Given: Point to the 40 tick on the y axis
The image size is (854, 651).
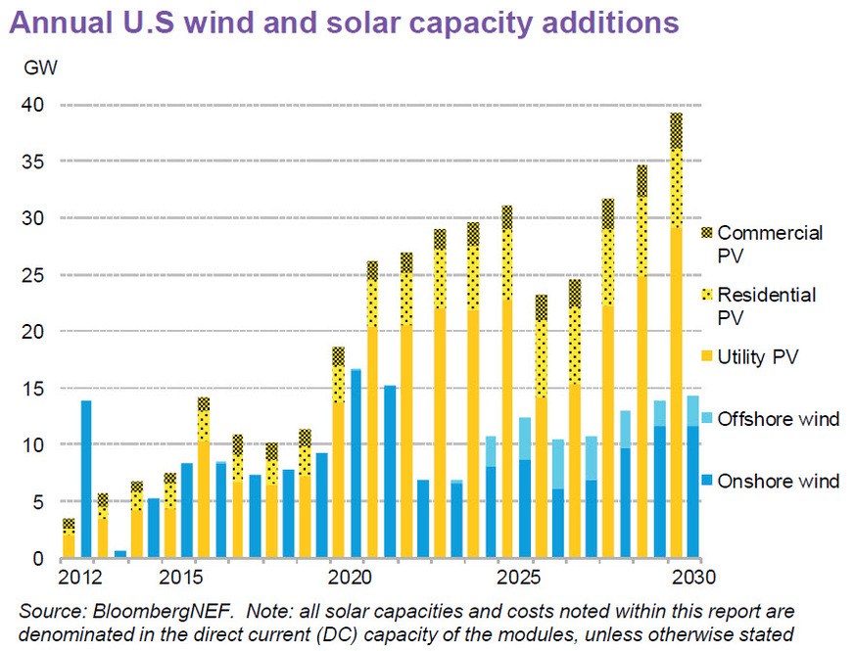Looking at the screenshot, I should (31, 104).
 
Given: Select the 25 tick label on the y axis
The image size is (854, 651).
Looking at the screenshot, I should (31, 275).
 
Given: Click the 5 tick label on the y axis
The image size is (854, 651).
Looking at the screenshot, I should (36, 503).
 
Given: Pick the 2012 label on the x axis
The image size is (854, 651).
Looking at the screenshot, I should (76, 576).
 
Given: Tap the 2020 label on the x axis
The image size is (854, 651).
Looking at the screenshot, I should (350, 576).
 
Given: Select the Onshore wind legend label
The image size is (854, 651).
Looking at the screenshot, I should (779, 481).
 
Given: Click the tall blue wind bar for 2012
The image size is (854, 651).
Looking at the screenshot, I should (86, 480).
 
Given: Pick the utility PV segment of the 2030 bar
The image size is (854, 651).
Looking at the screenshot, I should (676, 392).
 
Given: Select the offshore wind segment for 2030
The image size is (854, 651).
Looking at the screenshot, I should (692, 410).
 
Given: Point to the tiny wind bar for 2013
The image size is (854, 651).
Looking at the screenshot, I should (120, 554).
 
